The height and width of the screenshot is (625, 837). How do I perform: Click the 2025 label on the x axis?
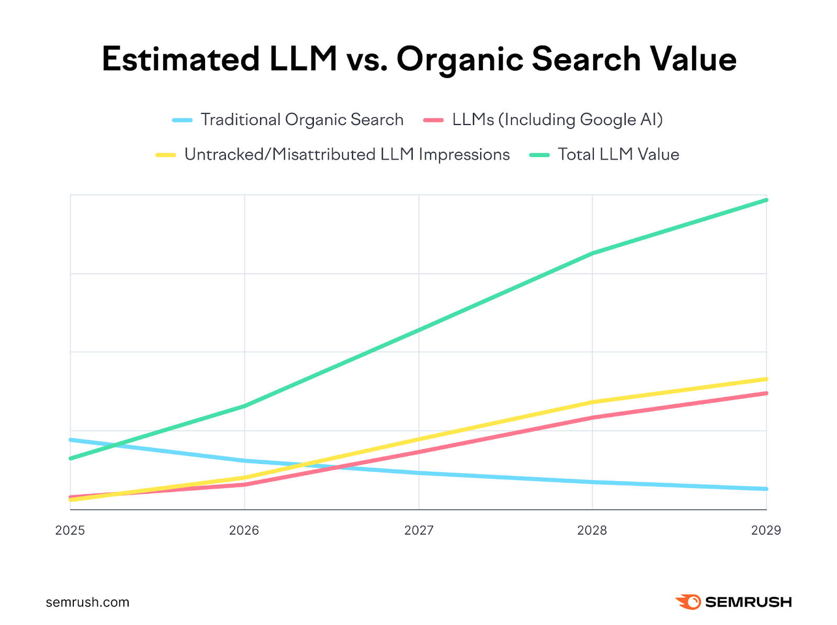(70, 530)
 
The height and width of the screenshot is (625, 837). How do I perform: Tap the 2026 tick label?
(244, 530)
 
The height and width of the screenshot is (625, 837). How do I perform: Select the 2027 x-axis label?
(418, 530)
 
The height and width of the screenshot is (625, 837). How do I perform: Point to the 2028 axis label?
(592, 530)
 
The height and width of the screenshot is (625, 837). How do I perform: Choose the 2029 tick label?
(766, 530)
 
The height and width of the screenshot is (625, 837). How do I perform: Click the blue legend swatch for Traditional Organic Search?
(182, 120)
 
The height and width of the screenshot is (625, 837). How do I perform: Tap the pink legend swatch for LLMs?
(434, 120)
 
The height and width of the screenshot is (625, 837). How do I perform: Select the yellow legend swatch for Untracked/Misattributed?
(166, 155)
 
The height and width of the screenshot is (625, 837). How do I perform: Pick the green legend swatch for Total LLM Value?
(539, 155)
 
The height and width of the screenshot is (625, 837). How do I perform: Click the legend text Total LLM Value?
(618, 155)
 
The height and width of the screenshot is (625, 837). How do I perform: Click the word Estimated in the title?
(180, 59)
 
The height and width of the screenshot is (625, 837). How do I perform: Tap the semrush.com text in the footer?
(87, 602)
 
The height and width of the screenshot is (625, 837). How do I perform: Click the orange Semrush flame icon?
(688, 602)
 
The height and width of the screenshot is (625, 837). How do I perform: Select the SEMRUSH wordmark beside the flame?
(749, 602)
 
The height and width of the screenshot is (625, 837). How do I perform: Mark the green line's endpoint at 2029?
(766, 200)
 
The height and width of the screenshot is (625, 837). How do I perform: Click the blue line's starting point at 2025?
(71, 440)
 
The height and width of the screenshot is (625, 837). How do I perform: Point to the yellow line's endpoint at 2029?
(766, 379)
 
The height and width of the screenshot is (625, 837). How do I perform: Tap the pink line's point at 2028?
(592, 417)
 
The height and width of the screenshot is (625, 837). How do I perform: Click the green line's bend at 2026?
(244, 406)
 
